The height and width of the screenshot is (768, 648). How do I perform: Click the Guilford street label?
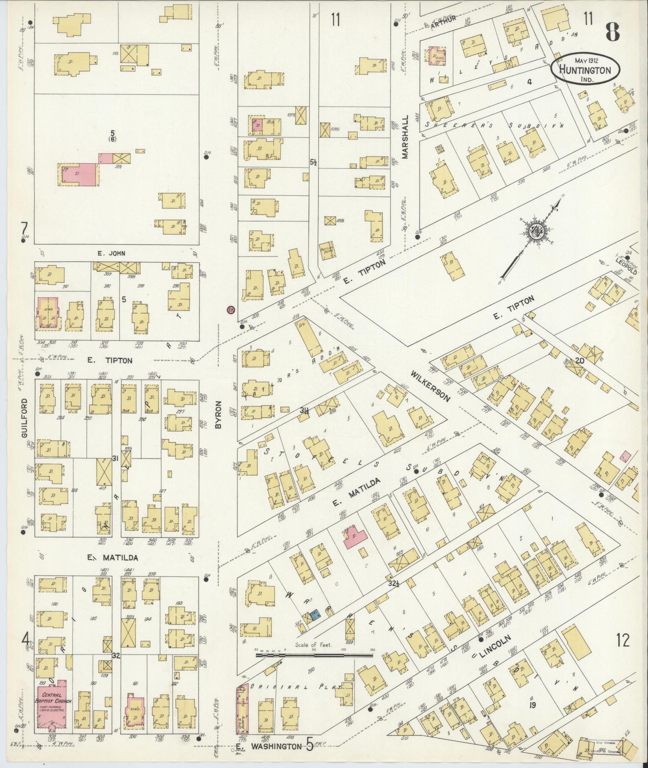click(25, 418)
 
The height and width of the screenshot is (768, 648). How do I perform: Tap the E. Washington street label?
click(274, 746)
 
